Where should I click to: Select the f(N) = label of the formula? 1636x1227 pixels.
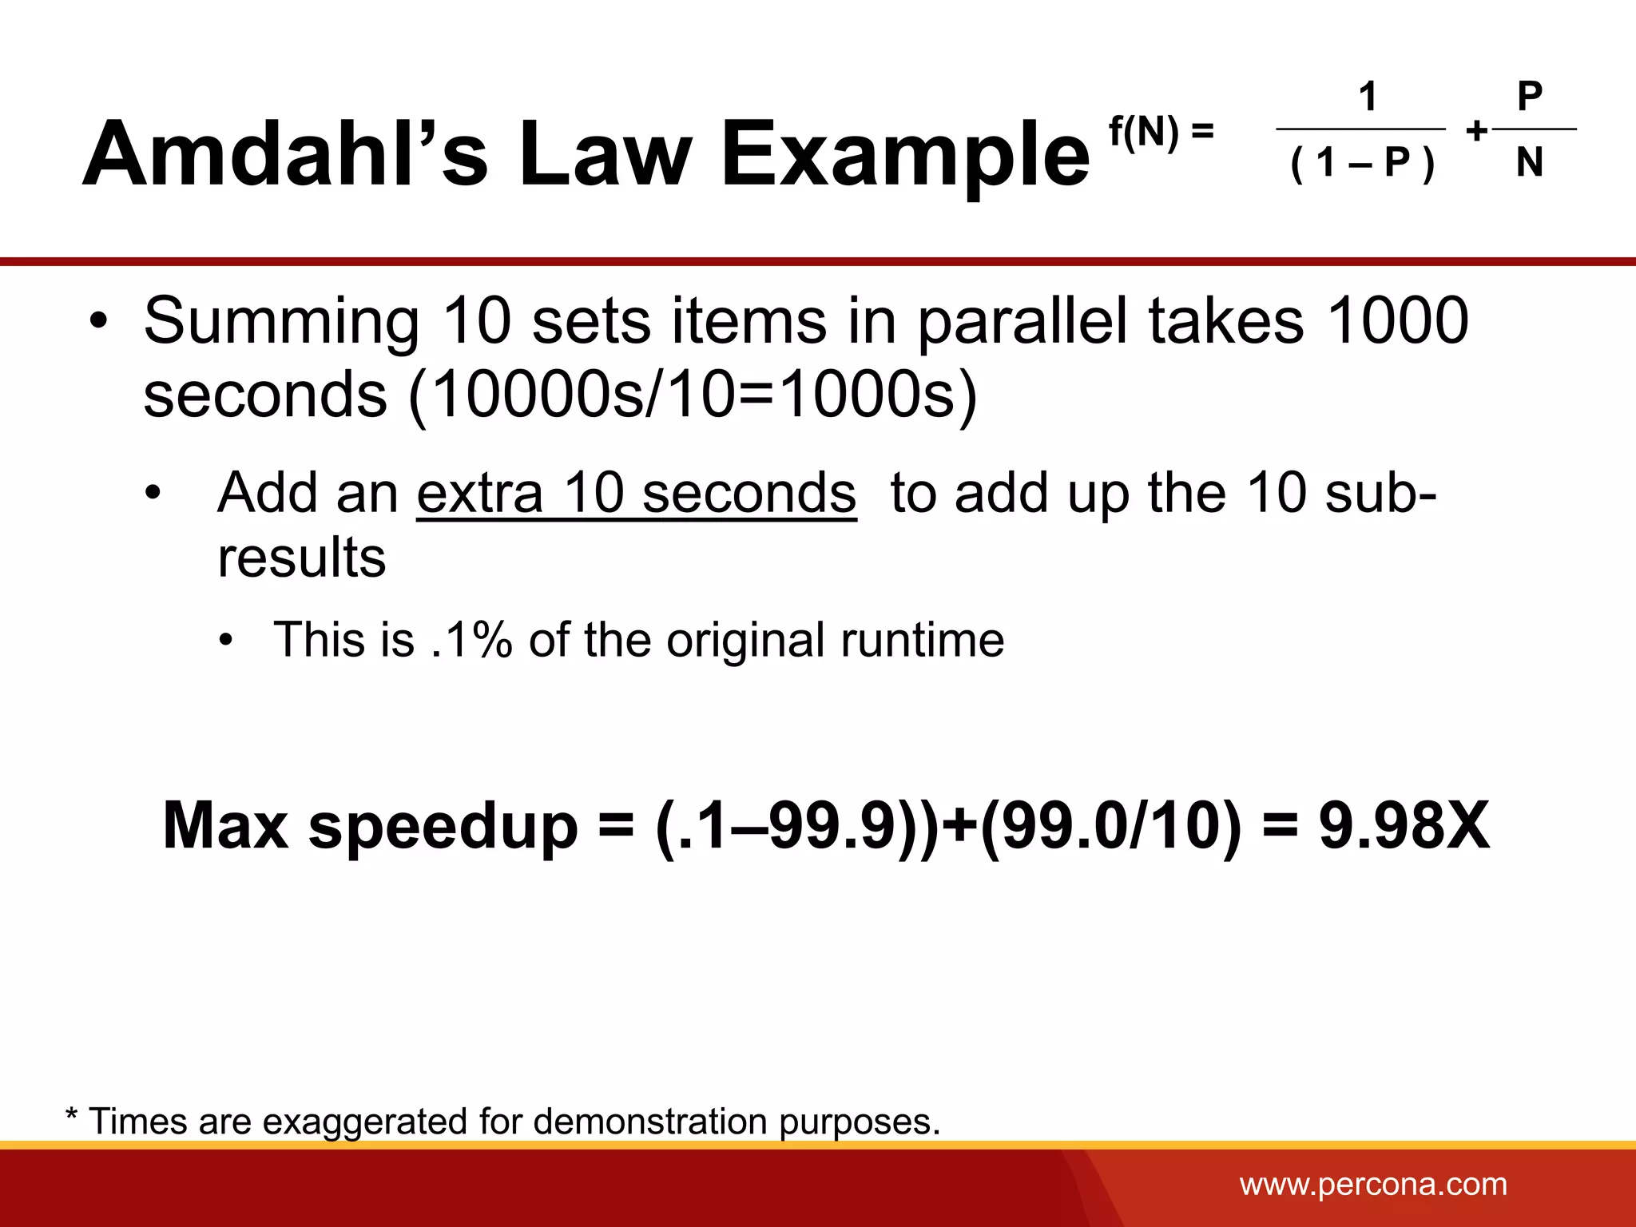click(1161, 131)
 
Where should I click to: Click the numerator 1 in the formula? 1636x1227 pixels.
click(1368, 97)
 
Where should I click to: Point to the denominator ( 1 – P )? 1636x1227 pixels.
click(1363, 163)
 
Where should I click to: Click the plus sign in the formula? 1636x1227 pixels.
click(1476, 130)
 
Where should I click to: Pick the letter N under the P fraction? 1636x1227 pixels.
click(1529, 163)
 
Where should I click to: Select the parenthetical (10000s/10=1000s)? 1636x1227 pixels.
click(693, 395)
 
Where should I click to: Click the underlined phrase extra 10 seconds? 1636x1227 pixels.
click(636, 493)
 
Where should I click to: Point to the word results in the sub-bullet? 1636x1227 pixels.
click(301, 558)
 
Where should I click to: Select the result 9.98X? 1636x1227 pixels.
click(1404, 825)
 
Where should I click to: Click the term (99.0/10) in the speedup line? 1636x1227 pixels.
click(1110, 825)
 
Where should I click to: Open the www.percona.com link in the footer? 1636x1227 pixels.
click(1373, 1185)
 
